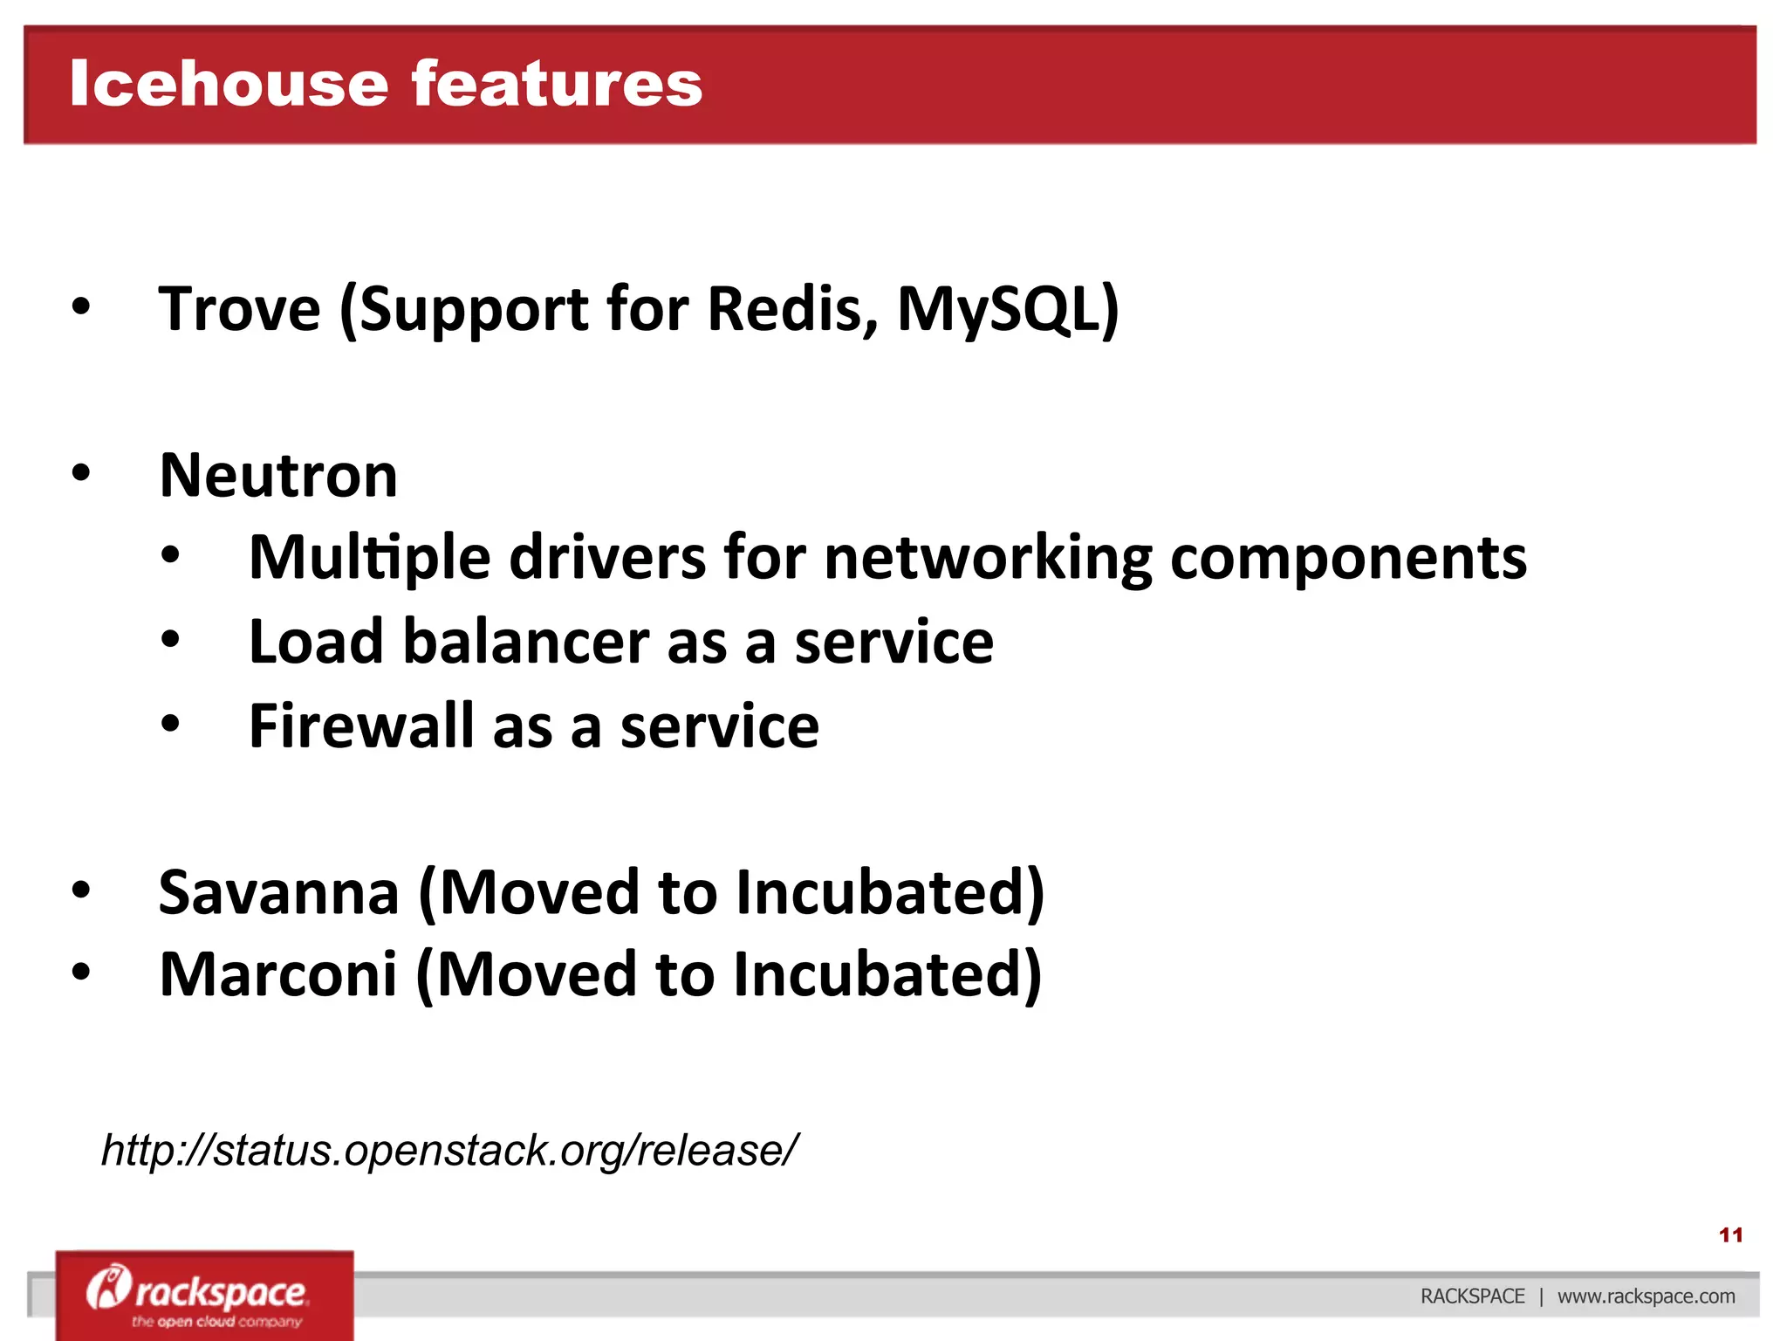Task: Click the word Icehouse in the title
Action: pyautogui.click(x=229, y=85)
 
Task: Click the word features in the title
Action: pyautogui.click(x=556, y=85)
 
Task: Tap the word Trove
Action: pyautogui.click(x=239, y=309)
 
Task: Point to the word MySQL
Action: pyautogui.click(x=1003, y=309)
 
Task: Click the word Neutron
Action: pyautogui.click(x=278, y=476)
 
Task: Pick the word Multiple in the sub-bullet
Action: pyautogui.click(x=369, y=558)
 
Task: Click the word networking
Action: pyautogui.click(x=987, y=558)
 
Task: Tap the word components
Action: pyautogui.click(x=1347, y=558)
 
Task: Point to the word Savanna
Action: pyautogui.click(x=278, y=892)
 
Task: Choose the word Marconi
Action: pyautogui.click(x=277, y=974)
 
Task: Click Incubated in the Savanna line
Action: pyautogui.click(x=889, y=892)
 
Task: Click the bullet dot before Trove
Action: pyautogui.click(x=81, y=307)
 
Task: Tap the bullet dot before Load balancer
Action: pyautogui.click(x=171, y=640)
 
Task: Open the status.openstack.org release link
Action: pyautogui.click(x=448, y=1150)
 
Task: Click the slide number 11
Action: pyautogui.click(x=1730, y=1234)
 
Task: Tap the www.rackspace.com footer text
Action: pyautogui.click(x=1646, y=1296)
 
